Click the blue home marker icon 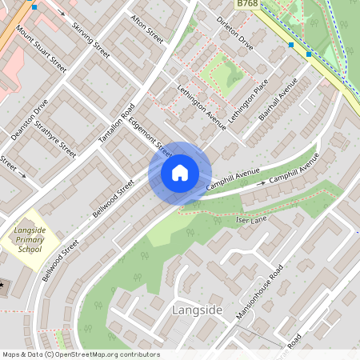click(180, 172)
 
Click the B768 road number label click(247, 5)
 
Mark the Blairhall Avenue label click(278, 99)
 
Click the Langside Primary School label click(29, 240)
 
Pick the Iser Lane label click(252, 218)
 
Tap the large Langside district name click(194, 309)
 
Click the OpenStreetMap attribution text click(80, 354)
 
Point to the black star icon click(2, 284)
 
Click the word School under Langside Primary click(30, 249)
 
